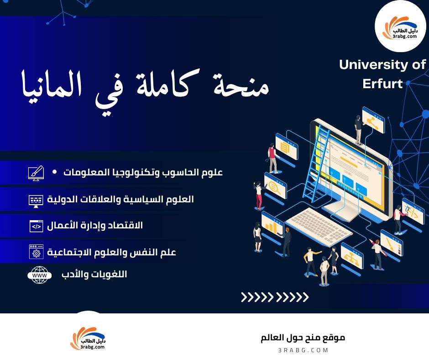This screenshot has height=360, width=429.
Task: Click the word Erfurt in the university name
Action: tap(382, 84)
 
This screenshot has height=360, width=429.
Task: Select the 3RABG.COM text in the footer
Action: tap(303, 350)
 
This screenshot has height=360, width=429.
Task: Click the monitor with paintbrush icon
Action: tap(36, 173)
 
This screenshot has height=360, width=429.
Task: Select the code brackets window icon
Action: tap(36, 226)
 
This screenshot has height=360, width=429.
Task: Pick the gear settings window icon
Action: tap(36, 252)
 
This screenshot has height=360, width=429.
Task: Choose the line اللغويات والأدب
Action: tap(94, 275)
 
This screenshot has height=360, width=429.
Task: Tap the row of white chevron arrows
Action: tap(275, 298)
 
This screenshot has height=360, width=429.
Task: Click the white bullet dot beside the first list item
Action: tap(55, 172)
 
